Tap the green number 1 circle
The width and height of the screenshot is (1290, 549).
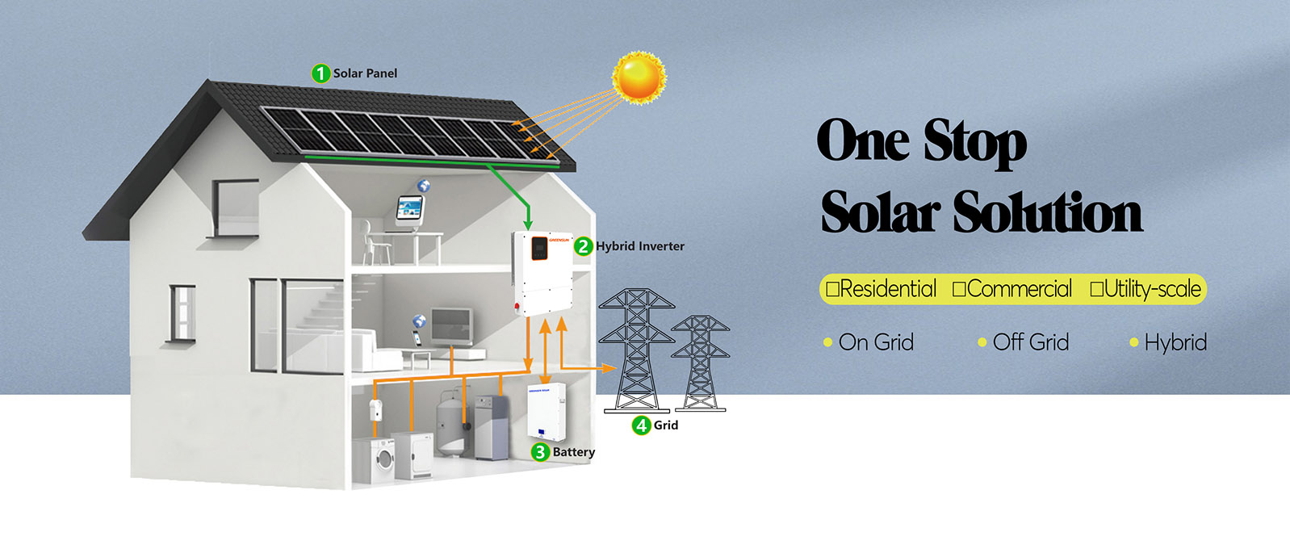point(320,73)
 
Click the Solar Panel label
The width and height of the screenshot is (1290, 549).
point(365,73)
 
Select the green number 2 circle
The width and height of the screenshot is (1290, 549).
point(583,246)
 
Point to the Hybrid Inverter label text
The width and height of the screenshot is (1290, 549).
point(640,246)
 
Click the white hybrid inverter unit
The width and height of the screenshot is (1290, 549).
point(542,272)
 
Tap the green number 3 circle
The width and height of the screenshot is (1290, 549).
point(540,452)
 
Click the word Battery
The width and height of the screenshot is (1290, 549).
point(573,452)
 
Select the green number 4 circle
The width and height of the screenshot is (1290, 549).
point(641,425)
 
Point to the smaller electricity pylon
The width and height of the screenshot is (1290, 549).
point(700,363)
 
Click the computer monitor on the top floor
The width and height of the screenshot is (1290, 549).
point(410,209)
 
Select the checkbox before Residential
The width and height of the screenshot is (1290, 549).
point(832,289)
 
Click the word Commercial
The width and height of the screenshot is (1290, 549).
point(1019,289)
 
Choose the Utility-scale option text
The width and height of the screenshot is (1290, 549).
point(1152,289)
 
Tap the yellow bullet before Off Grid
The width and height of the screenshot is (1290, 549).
point(982,342)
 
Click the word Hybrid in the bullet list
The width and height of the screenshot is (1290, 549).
point(1175,342)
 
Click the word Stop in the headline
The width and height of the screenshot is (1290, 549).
point(975,142)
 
